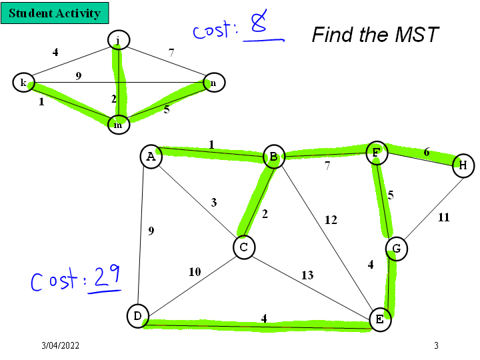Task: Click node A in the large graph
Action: pyautogui.click(x=151, y=157)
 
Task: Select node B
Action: pyautogui.click(x=273, y=157)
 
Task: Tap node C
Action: pyautogui.click(x=244, y=247)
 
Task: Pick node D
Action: pyautogui.click(x=137, y=315)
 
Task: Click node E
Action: pyautogui.click(x=379, y=319)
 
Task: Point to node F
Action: pyautogui.click(x=376, y=153)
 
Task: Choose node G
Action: pyautogui.click(x=397, y=249)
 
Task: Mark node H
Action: pyautogui.click(x=463, y=165)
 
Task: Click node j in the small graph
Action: pyautogui.click(x=118, y=41)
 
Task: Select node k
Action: pyautogui.click(x=23, y=83)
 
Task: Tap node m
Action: pyautogui.click(x=118, y=124)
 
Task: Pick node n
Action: pyautogui.click(x=214, y=83)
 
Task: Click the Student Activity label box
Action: pyautogui.click(x=55, y=13)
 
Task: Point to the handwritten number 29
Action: pyautogui.click(x=107, y=277)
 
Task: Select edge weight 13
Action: pyautogui.click(x=307, y=275)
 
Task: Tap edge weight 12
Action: pyautogui.click(x=331, y=219)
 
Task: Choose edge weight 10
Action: pyautogui.click(x=194, y=271)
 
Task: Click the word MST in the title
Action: pyautogui.click(x=414, y=34)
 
